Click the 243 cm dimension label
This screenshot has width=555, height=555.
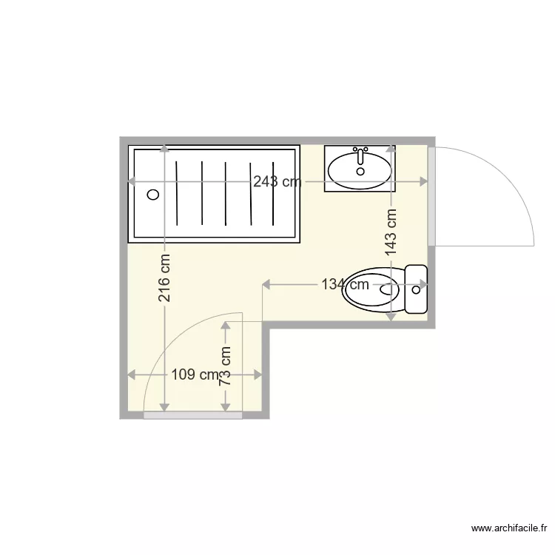pyautogui.click(x=277, y=182)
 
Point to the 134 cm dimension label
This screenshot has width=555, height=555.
pyautogui.click(x=345, y=283)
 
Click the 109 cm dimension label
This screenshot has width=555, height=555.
pyautogui.click(x=195, y=375)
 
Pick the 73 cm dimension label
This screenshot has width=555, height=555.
pyautogui.click(x=226, y=366)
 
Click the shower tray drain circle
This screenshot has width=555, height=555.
pyautogui.click(x=153, y=195)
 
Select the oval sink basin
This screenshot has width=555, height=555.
pyautogui.click(x=360, y=169)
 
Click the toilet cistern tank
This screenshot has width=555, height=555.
pyautogui.click(x=416, y=289)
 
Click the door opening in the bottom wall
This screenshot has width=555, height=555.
pyautogui.click(x=192, y=416)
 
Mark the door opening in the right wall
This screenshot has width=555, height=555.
pyautogui.click(x=431, y=196)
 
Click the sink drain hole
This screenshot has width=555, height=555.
pyautogui.click(x=360, y=172)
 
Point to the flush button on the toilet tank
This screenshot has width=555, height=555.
pyautogui.click(x=416, y=289)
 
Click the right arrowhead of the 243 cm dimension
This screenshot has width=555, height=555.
pyautogui.click(x=425, y=182)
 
